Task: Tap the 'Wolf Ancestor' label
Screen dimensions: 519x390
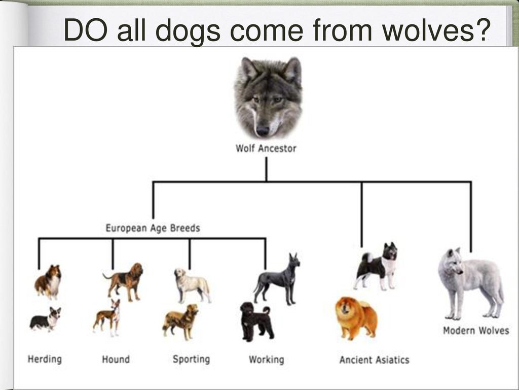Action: click(266, 148)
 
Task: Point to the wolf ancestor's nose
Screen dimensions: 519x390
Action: click(263, 130)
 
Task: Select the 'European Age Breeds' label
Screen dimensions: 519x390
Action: click(153, 228)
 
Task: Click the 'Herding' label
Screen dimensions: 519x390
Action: click(45, 359)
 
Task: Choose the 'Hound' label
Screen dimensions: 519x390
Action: click(116, 359)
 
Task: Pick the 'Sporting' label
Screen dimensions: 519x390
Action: click(191, 359)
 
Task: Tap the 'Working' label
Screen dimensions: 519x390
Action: click(267, 360)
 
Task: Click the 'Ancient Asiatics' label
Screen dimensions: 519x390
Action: click(375, 360)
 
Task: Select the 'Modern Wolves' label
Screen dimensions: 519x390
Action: click(476, 331)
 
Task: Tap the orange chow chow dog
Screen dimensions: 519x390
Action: click(356, 318)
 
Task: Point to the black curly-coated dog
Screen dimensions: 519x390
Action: click(256, 321)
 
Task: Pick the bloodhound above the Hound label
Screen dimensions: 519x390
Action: click(124, 281)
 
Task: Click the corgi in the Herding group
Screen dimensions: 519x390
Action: click(46, 319)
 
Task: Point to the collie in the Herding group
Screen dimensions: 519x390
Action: click(48, 282)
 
